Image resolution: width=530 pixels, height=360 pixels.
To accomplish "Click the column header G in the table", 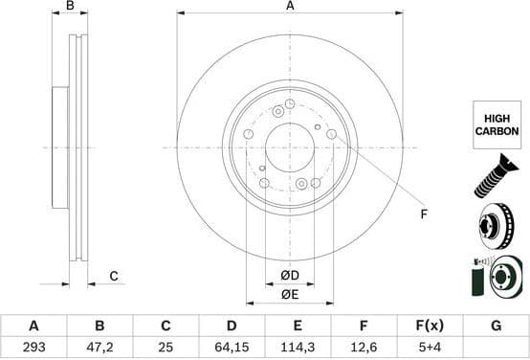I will pos(496,326).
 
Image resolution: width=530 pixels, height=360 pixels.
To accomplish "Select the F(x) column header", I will pos(430,326).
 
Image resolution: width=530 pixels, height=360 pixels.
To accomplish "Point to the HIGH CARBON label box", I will pos(497,124).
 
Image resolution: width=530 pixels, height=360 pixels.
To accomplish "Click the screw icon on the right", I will pos(497,179).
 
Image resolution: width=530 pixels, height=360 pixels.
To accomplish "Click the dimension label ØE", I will pos(290,294).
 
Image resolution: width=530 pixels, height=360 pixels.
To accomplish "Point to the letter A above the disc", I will pos(290,7).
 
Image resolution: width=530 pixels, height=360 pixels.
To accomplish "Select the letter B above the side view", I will pos(69,7).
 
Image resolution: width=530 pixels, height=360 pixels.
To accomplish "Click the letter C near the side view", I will pos(112,277).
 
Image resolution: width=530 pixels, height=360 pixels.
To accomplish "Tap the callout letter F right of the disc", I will pos(423,214).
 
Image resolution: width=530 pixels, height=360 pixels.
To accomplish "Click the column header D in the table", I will pos(232,326).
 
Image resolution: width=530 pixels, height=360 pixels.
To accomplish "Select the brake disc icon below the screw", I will pos(497,227).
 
